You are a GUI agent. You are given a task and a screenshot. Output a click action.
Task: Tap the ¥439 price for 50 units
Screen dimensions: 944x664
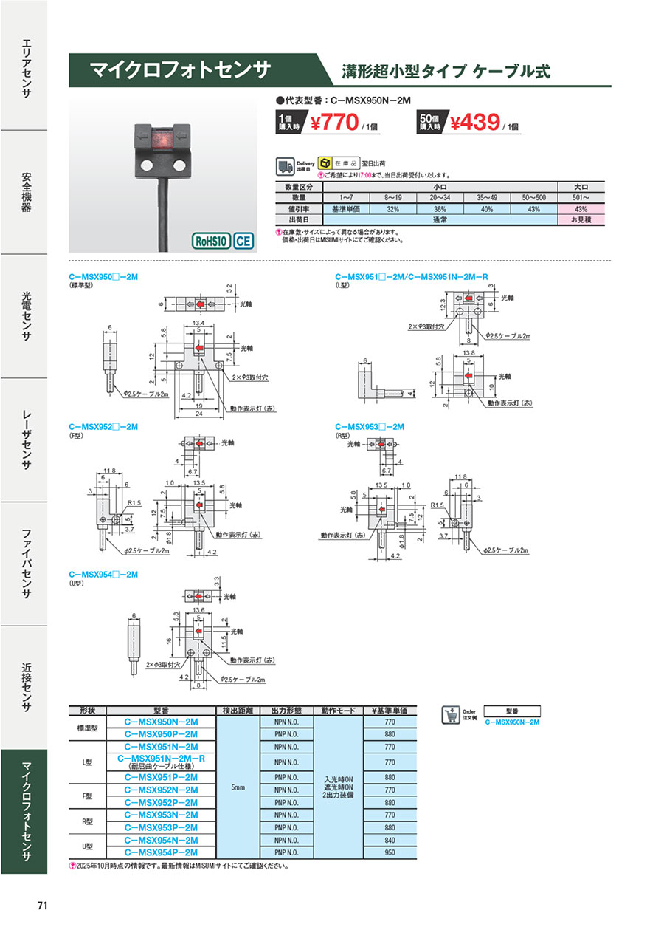pyautogui.click(x=475, y=122)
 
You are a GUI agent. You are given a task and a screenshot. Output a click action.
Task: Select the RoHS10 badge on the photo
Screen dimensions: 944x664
pyautogui.click(x=212, y=241)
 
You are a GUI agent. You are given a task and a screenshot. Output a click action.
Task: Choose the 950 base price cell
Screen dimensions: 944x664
pyautogui.click(x=390, y=852)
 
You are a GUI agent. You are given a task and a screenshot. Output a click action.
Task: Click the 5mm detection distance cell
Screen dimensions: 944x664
pyautogui.click(x=237, y=789)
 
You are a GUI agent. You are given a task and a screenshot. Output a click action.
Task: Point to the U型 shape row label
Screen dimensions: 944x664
pyautogui.click(x=87, y=846)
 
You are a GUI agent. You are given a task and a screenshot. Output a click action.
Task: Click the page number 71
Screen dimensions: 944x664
pyautogui.click(x=41, y=906)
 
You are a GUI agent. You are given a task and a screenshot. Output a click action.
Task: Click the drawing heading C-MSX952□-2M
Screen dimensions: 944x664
pyautogui.click(x=103, y=427)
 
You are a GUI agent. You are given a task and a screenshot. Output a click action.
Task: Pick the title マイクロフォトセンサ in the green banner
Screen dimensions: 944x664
pyautogui.click(x=180, y=70)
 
